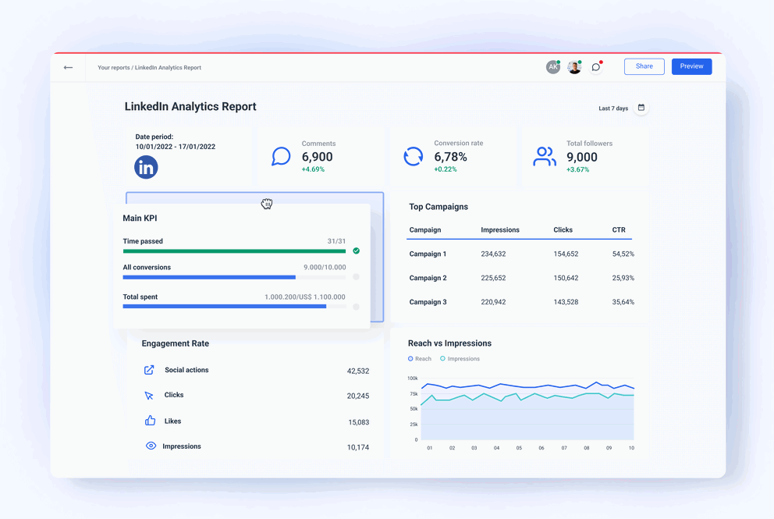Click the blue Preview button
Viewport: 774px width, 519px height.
691,66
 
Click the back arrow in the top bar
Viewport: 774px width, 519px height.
69,68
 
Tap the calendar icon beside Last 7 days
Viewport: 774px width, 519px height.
641,108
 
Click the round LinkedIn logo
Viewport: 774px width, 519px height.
146,167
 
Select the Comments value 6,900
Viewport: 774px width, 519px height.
318,157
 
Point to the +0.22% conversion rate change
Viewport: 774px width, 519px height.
446,169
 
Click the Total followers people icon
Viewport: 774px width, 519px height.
545,157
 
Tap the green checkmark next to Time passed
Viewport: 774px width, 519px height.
357,251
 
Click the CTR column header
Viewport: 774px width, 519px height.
619,230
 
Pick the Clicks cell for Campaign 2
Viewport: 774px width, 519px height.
566,278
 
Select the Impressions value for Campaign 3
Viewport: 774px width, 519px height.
493,302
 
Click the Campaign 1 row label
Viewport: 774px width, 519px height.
428,254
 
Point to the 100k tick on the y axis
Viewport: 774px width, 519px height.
413,379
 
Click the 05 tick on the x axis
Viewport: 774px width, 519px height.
519,449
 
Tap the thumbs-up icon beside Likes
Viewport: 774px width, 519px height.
150,421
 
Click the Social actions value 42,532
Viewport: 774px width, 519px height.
357,371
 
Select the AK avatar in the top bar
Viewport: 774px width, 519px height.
552,67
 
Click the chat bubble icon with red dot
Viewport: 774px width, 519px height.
596,67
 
